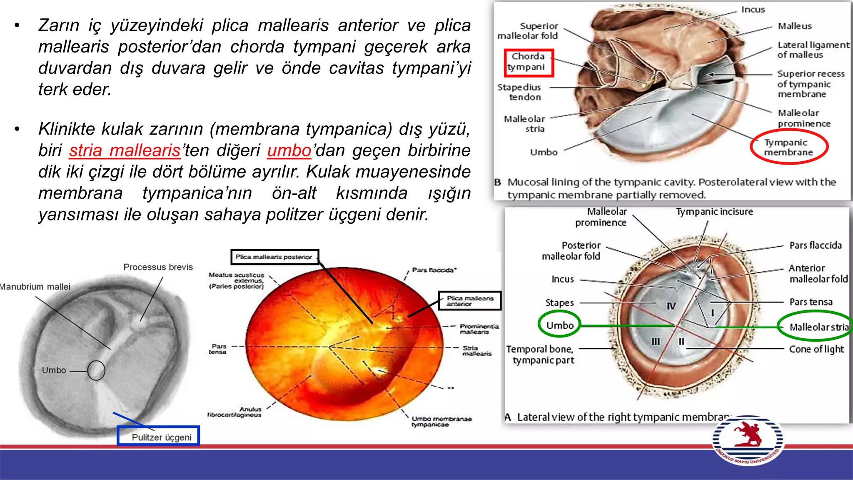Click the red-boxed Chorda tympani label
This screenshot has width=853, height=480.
point(528,62)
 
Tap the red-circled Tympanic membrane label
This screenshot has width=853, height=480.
point(788,147)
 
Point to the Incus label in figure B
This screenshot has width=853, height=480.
point(753,10)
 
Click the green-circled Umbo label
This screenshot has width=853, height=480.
point(559,325)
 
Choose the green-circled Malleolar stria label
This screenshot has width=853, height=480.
point(818,327)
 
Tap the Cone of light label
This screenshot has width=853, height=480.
point(816,349)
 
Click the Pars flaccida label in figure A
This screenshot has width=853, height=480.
point(816,245)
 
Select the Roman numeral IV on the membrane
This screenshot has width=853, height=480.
point(671,306)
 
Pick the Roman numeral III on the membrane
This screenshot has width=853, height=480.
point(656,342)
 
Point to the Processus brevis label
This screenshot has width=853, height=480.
point(158,267)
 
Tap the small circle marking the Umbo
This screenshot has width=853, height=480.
point(96,370)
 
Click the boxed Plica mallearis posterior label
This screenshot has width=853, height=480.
point(274,257)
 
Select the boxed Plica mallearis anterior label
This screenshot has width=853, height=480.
point(470,301)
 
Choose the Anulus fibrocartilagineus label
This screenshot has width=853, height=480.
point(234,412)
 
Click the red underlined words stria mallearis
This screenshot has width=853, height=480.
point(125,150)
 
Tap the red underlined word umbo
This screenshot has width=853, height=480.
point(289,150)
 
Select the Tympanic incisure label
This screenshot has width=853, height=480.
point(714,212)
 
